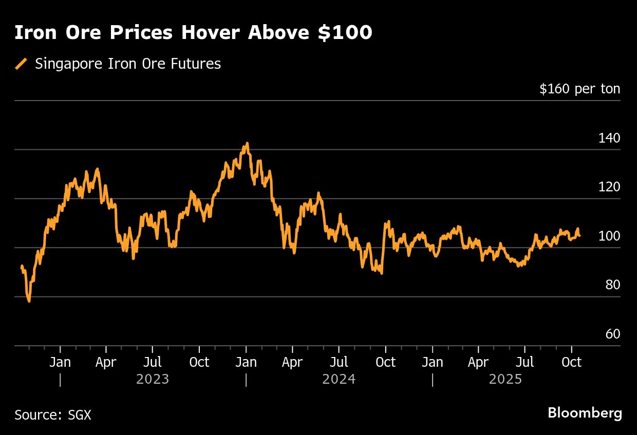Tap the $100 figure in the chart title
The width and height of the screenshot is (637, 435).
347,33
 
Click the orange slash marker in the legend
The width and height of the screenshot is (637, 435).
22,64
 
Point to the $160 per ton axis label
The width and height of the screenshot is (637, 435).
579,89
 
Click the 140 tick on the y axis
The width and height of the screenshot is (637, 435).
609,138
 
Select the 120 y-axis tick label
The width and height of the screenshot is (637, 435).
609,187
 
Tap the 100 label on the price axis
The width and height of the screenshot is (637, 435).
609,236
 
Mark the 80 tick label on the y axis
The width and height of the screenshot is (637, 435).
612,285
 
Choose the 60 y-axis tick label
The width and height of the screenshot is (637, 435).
612,334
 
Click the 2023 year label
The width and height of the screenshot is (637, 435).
153,380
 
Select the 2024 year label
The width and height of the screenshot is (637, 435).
339,380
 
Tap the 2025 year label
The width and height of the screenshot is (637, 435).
505,380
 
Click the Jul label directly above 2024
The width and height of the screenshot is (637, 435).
339,362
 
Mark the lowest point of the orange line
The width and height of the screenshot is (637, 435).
29,301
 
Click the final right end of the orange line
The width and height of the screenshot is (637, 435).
579,235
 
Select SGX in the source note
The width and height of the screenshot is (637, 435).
79,414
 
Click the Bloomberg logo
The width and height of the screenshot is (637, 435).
585,413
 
